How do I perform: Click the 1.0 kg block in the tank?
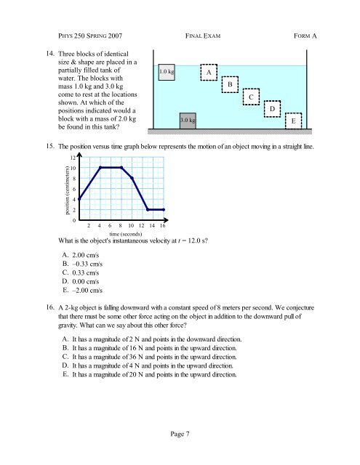(167, 72)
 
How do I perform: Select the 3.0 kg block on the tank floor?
(188, 119)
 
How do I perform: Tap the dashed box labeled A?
(209, 73)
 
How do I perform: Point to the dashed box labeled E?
(293, 121)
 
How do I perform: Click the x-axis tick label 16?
(163, 226)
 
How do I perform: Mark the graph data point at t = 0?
(79, 198)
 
